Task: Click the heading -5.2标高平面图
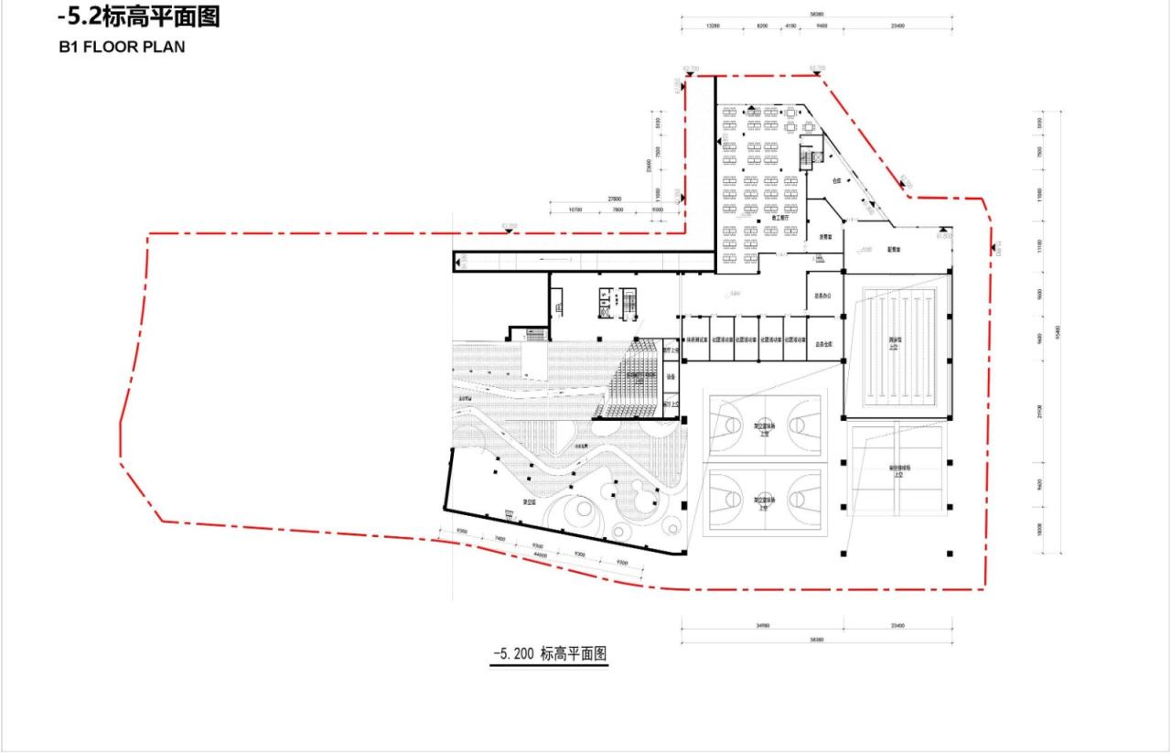coord(138,16)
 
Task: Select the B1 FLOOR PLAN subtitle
coord(121,48)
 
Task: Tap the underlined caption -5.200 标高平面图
coord(550,654)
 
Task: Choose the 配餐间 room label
coord(895,249)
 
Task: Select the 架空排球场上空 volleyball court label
coord(897,471)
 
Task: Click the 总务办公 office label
coord(822,296)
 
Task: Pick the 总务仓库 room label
coord(822,345)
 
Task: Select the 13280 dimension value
coord(714,27)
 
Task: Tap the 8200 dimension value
coord(762,27)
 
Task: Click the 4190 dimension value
coord(790,27)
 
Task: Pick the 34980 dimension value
coord(761,626)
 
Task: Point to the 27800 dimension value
coord(615,199)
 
